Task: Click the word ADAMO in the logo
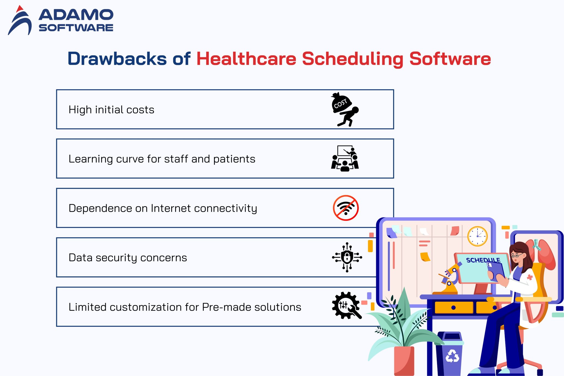coord(76,15)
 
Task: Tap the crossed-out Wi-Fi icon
coord(346,208)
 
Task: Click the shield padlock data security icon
coord(347,257)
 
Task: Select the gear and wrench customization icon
coord(346,306)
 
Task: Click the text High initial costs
coord(111,110)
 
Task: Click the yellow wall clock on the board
coord(477,236)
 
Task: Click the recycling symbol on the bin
coord(452,356)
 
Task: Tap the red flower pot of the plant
coord(404,361)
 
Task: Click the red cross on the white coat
coord(530,277)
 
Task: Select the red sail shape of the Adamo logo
coord(19,9)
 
